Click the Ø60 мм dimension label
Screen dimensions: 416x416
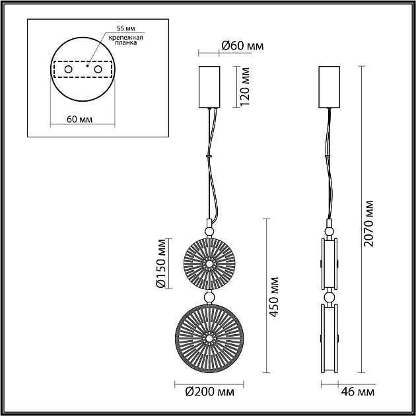click(x=242, y=46)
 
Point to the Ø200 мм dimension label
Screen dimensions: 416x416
click(x=209, y=393)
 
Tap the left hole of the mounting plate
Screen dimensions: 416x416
click(x=67, y=69)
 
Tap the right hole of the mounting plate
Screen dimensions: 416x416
click(x=98, y=69)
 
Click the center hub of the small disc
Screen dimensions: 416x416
click(x=209, y=263)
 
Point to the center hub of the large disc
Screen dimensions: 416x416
click(x=209, y=338)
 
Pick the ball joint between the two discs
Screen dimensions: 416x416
click(x=209, y=298)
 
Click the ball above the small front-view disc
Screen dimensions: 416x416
click(x=209, y=230)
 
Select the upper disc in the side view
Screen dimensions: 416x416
click(x=328, y=263)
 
